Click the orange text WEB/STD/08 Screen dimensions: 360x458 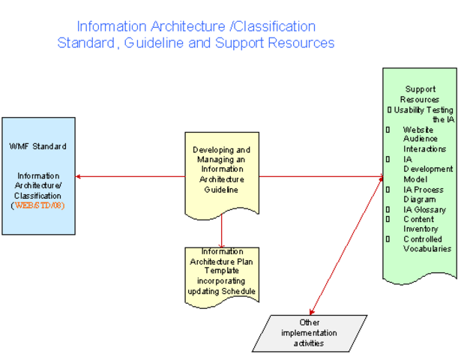click(x=39, y=205)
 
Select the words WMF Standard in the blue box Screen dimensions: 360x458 click(x=37, y=145)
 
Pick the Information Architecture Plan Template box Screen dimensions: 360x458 click(x=221, y=271)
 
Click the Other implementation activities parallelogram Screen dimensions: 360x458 click(x=308, y=333)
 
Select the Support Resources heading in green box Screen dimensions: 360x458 click(x=420, y=94)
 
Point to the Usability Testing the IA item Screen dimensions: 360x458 click(x=421, y=114)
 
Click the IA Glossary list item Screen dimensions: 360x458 click(x=424, y=209)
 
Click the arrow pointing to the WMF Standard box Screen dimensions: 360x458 click(x=127, y=177)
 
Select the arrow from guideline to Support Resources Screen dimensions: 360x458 click(x=322, y=177)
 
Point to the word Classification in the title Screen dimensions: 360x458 click(x=274, y=26)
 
